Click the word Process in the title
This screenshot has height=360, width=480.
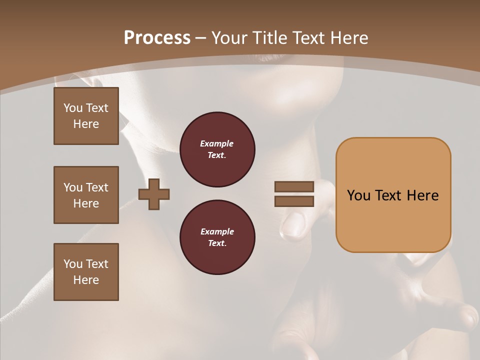[157, 38]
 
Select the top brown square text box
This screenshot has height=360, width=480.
[86, 116]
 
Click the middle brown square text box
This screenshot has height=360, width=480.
[86, 195]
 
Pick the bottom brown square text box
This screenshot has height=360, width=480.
[86, 272]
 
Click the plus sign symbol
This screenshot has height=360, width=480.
[154, 194]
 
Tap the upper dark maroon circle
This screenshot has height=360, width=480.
[217, 149]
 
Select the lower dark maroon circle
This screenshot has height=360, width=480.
[217, 237]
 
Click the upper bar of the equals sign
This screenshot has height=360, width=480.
[294, 187]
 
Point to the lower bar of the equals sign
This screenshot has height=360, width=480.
[294, 201]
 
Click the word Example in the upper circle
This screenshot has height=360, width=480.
[217, 143]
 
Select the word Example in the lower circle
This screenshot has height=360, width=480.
[217, 231]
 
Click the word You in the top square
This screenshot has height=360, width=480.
[73, 108]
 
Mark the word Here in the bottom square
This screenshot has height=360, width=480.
[86, 280]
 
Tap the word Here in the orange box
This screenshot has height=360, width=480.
[422, 195]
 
